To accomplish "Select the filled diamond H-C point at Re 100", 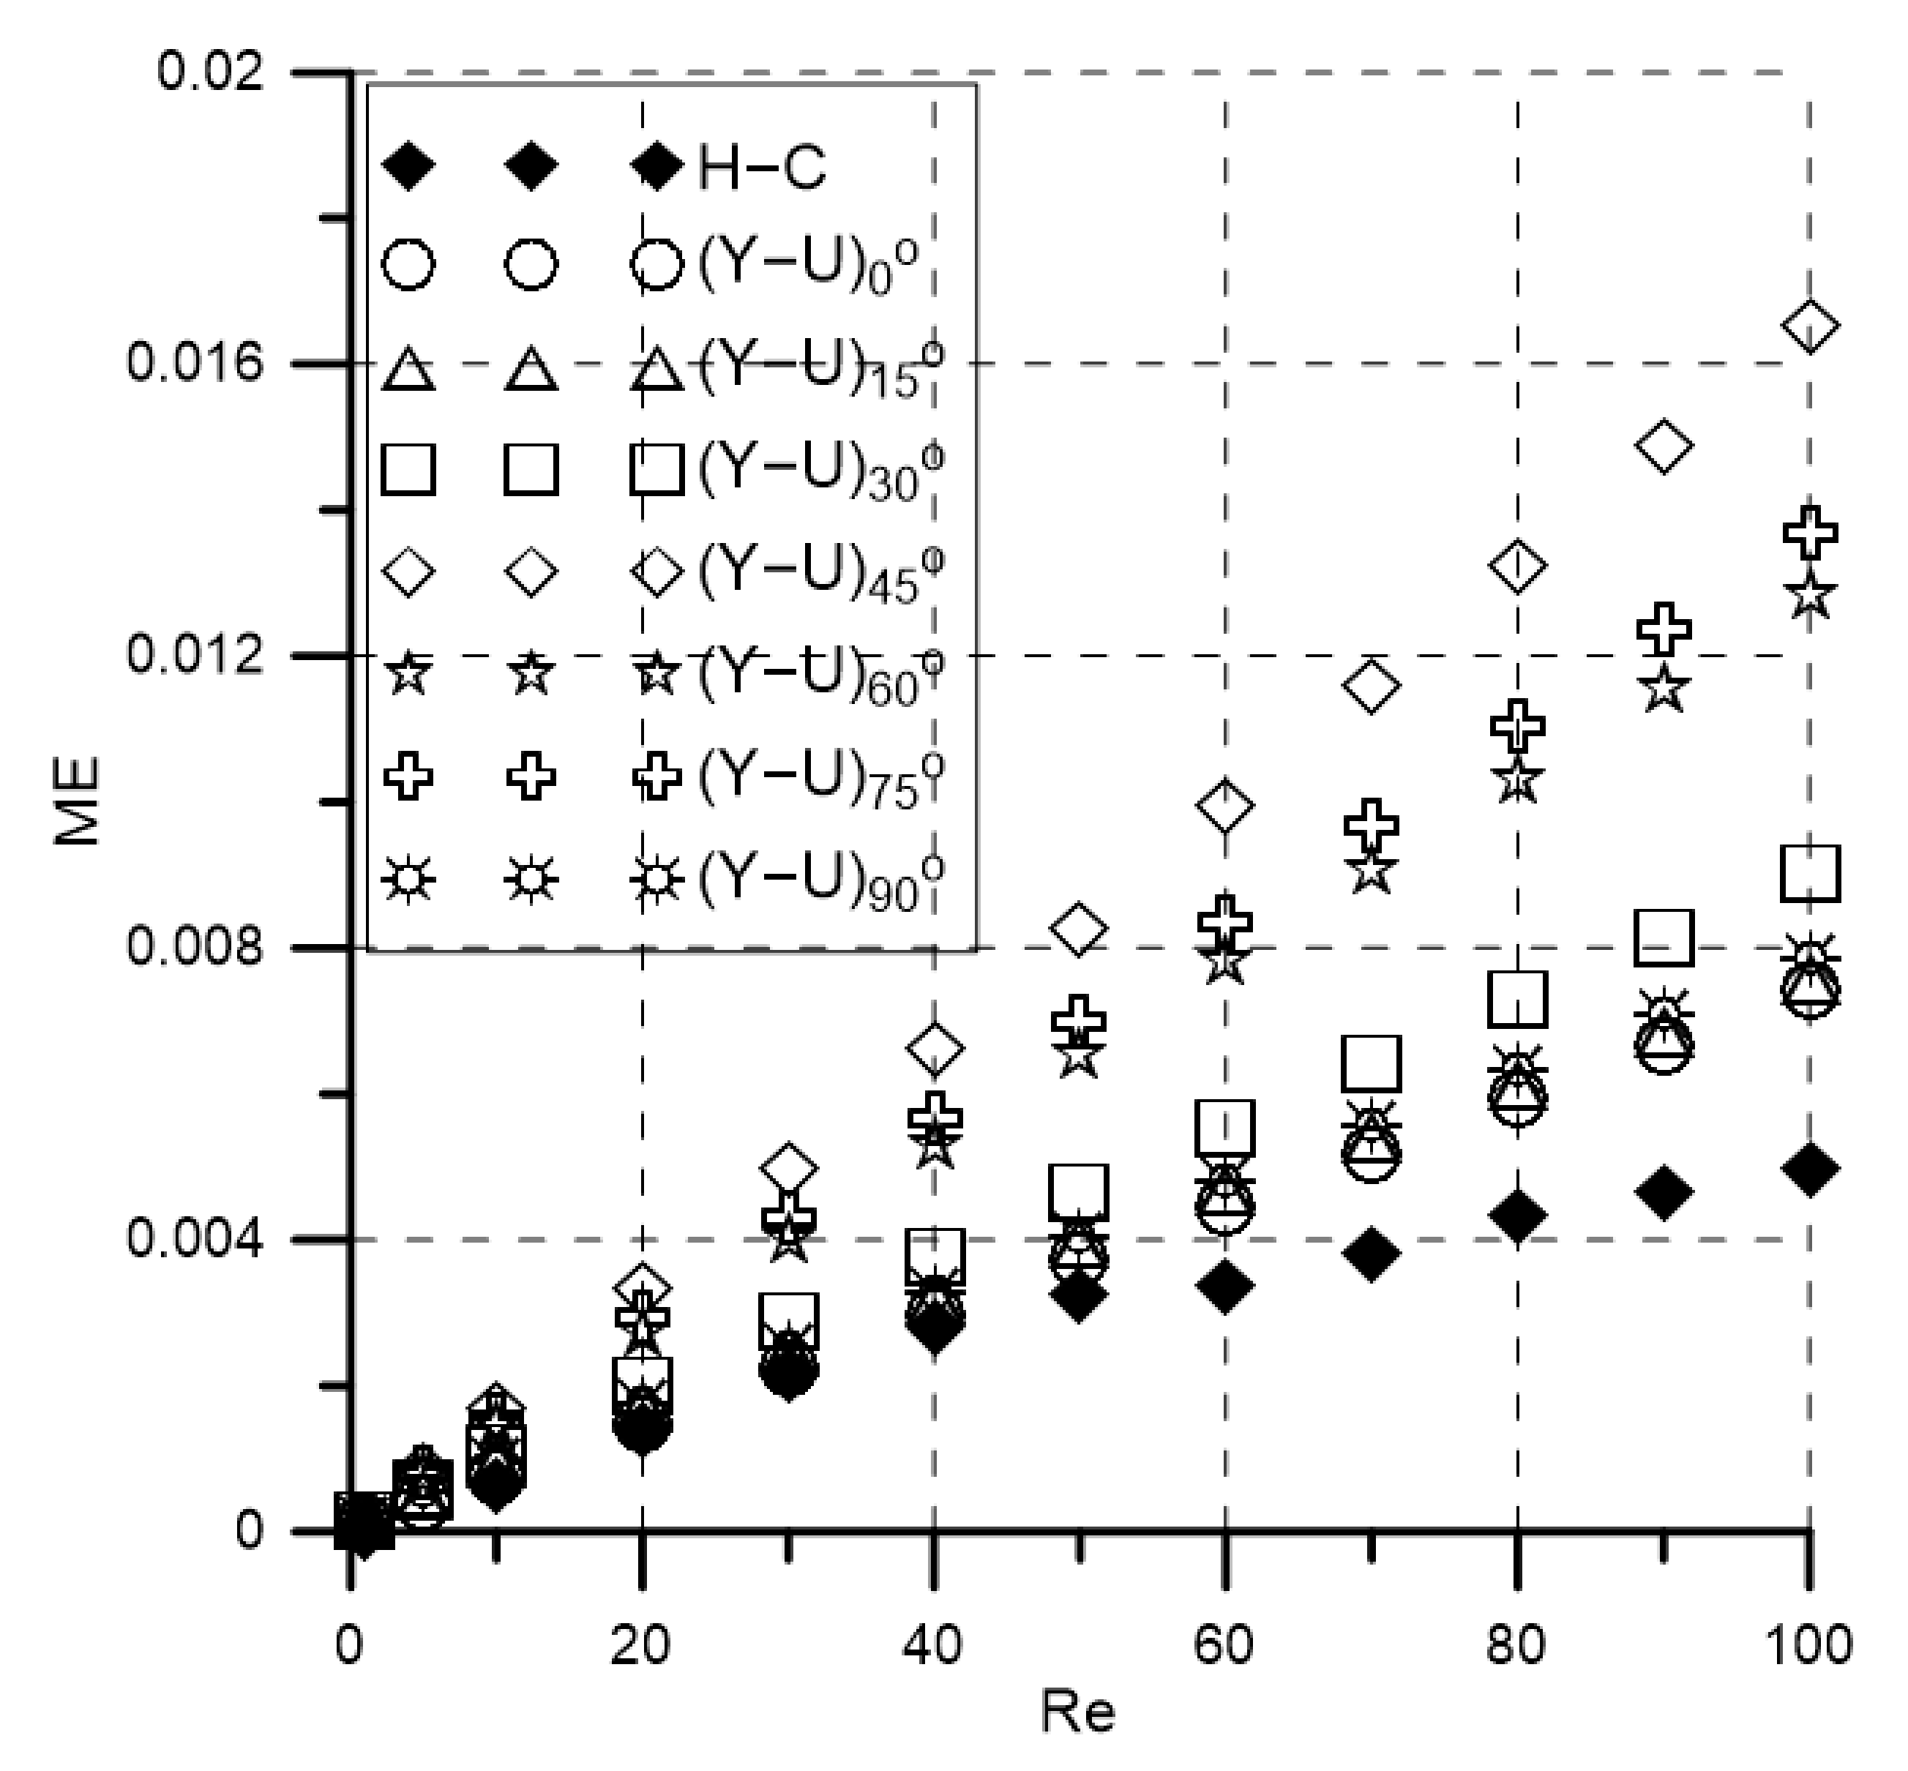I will click(x=1809, y=1169).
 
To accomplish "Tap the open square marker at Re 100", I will click(x=1809, y=874).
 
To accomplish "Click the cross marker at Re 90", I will click(x=1664, y=629).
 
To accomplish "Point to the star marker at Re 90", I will click(x=1664, y=688).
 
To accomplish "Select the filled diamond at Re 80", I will click(x=1517, y=1216).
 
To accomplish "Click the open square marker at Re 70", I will click(x=1372, y=1063).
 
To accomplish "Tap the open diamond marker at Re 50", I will click(x=1079, y=928).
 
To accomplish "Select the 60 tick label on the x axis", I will click(x=1224, y=1645).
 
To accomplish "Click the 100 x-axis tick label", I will click(x=1808, y=1645).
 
